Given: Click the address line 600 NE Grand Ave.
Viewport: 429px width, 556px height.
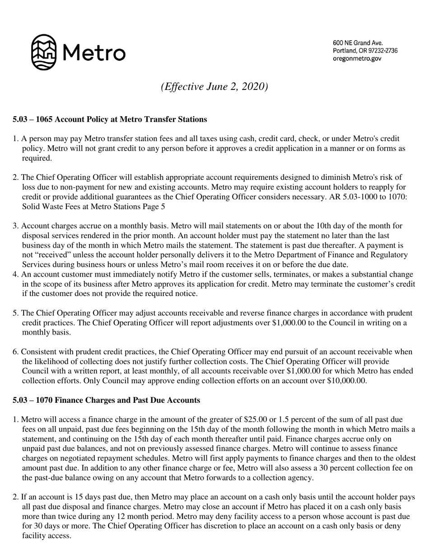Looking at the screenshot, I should point(358,43).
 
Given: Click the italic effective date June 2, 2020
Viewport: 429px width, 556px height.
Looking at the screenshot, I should point(214,86).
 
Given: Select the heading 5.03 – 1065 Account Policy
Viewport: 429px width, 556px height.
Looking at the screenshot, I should point(110,119).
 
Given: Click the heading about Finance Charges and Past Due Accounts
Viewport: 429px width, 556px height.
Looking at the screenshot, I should point(106,400).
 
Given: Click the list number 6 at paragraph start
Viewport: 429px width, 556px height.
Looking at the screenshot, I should point(15,352).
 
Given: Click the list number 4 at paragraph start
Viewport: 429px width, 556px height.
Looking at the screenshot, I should point(15,274).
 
